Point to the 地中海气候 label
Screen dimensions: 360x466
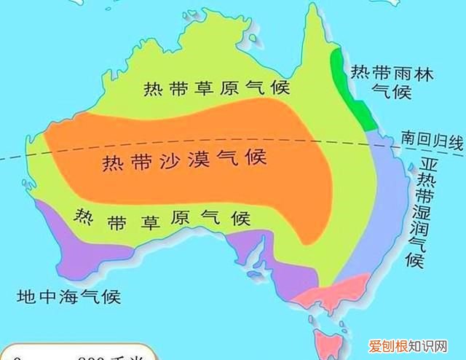(70, 297)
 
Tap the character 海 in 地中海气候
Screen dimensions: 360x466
(70, 297)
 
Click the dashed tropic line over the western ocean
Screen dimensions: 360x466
(18, 158)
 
